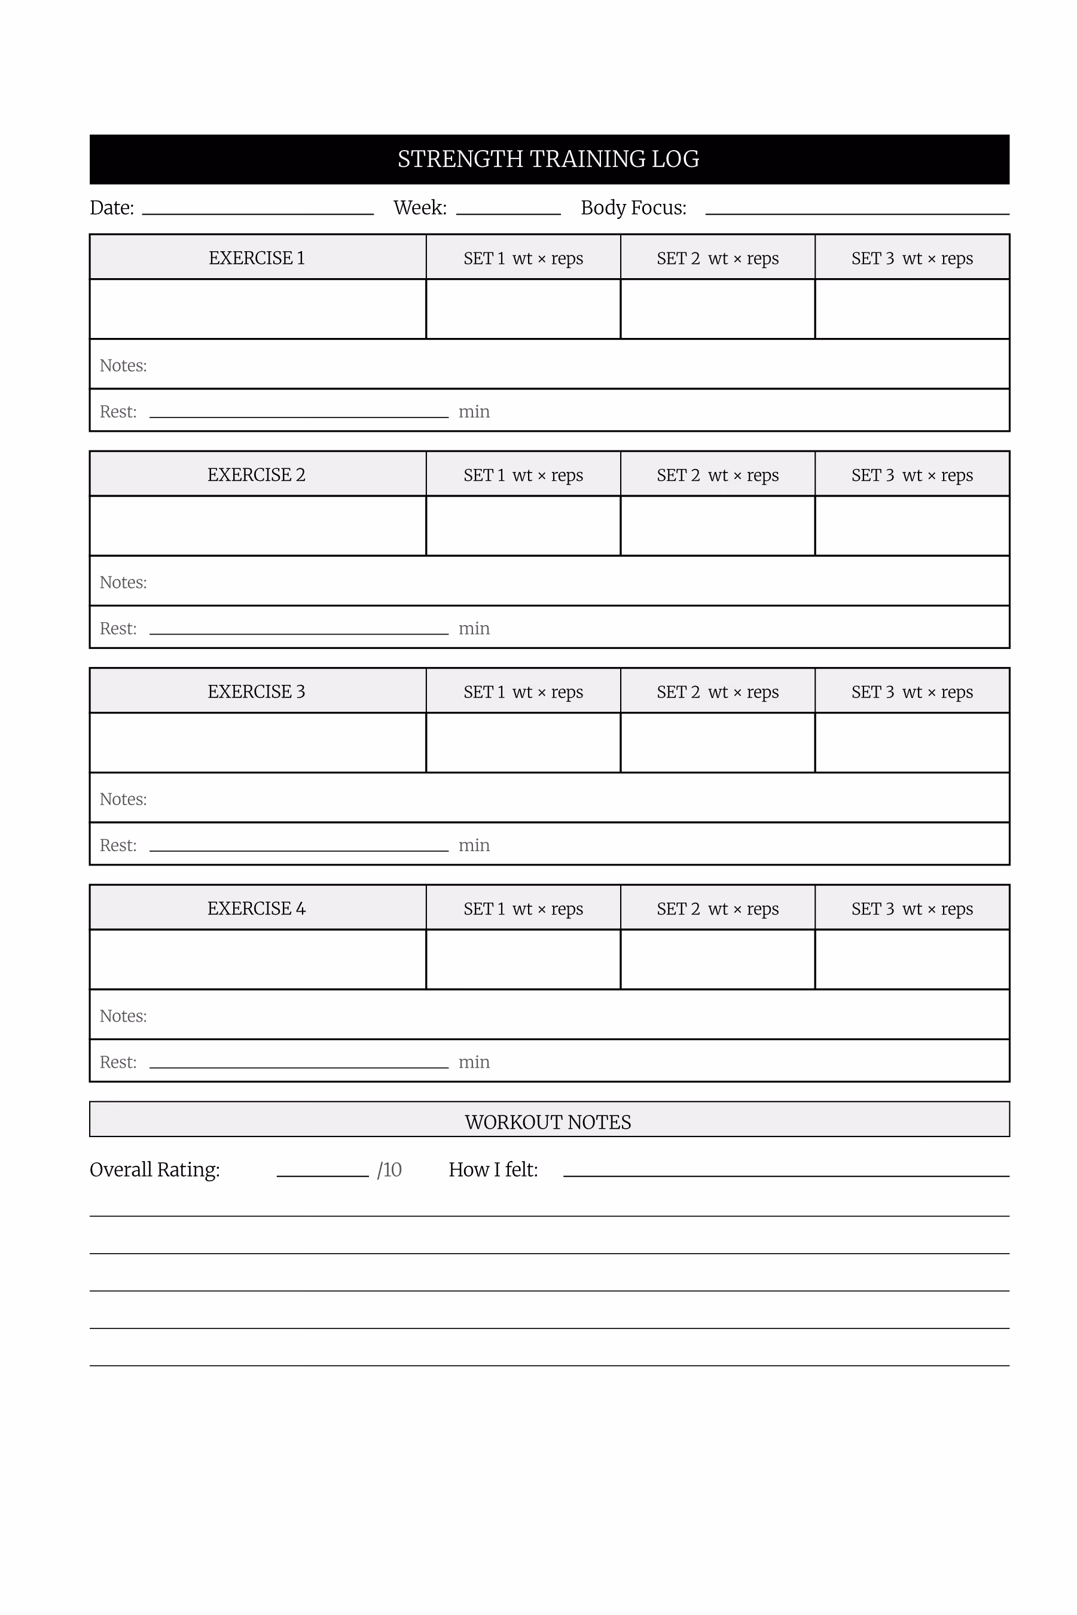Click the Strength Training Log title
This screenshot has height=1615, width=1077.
click(548, 159)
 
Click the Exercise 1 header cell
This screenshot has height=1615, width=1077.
click(257, 258)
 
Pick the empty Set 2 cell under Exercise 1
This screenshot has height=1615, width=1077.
click(717, 309)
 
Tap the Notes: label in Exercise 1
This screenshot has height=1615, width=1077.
click(124, 365)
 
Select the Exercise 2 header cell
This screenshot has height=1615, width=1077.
click(257, 475)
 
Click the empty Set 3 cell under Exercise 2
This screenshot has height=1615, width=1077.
click(911, 526)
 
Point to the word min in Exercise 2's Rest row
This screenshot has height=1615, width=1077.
click(474, 629)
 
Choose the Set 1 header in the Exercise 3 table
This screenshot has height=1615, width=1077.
click(523, 691)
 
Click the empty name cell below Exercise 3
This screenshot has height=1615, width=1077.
click(257, 742)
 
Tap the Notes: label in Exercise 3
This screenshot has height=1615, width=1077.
click(124, 799)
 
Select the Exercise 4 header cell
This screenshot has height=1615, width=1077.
click(257, 908)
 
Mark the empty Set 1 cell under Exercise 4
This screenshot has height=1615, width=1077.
click(523, 959)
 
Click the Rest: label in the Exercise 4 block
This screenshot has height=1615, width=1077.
click(118, 1062)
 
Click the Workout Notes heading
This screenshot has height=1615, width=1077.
click(548, 1122)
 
